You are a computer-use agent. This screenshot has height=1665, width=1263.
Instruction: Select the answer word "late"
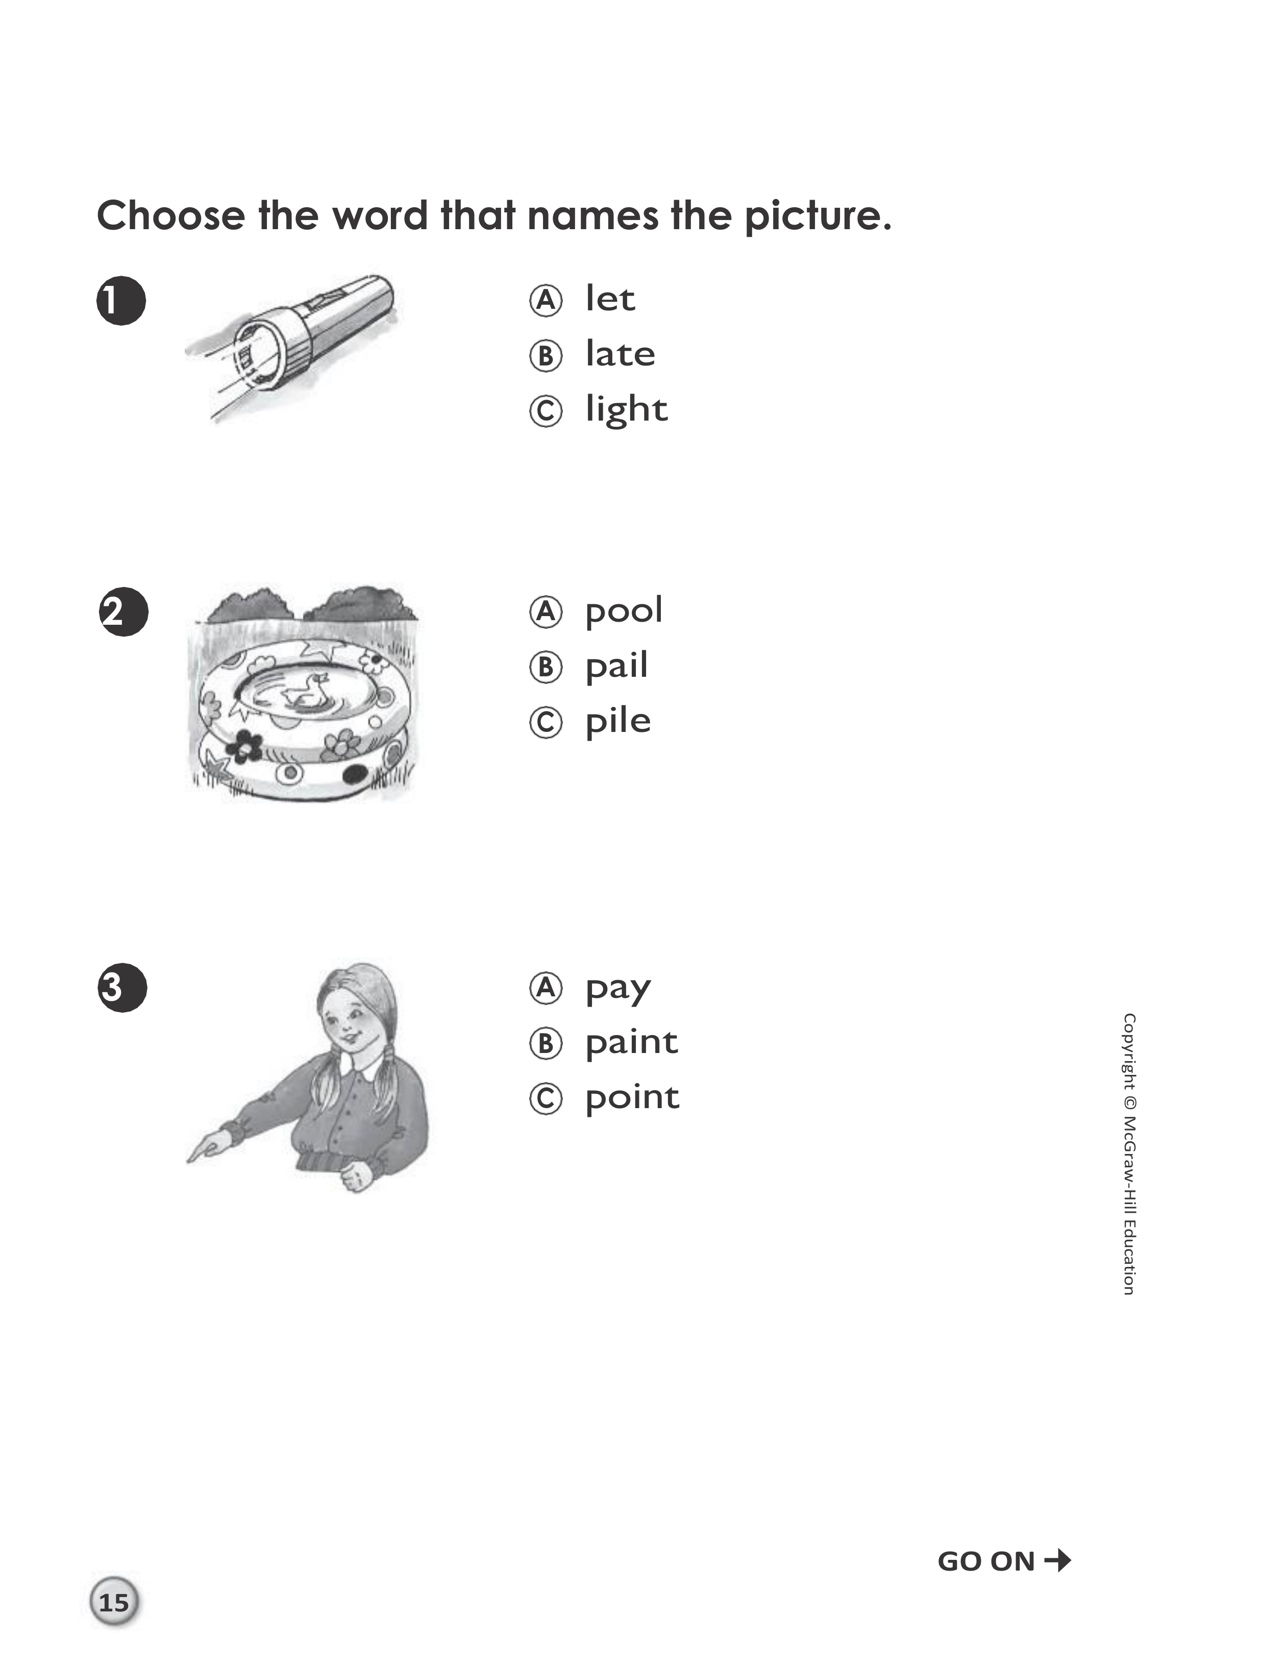tap(620, 354)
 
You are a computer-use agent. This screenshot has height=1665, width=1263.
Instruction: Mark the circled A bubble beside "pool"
tap(546, 612)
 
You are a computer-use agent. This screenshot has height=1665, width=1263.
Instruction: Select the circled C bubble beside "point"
tap(546, 1099)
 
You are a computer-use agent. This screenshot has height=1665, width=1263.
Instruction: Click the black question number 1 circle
tap(121, 301)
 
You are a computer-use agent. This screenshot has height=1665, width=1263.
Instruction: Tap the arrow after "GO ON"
tap(1058, 1560)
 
